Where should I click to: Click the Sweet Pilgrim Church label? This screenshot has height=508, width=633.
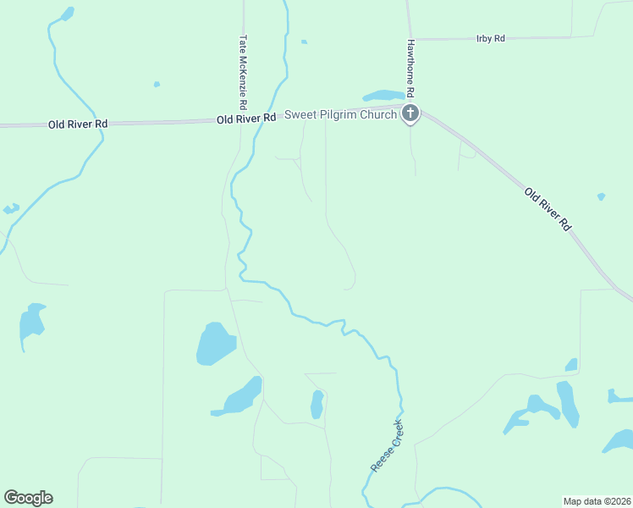(340, 114)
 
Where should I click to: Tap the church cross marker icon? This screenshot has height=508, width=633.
(410, 113)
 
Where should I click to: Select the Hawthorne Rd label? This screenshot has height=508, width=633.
(410, 66)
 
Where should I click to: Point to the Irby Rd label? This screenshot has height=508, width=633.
(491, 39)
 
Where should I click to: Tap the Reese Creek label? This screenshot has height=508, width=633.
(387, 446)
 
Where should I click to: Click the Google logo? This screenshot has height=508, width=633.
(28, 498)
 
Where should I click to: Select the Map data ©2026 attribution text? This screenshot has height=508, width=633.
(597, 500)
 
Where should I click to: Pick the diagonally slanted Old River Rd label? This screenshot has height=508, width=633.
(548, 209)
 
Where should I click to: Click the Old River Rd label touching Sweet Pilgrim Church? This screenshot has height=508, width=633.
(246, 119)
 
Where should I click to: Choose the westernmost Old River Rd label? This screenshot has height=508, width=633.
(78, 124)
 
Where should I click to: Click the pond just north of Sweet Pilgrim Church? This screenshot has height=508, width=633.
(383, 95)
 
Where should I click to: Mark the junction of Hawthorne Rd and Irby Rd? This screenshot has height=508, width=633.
(410, 40)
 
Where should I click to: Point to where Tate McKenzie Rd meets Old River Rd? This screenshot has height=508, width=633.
(244, 120)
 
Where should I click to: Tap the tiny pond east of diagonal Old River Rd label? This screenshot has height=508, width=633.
(601, 196)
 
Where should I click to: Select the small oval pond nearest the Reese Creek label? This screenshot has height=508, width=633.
(317, 404)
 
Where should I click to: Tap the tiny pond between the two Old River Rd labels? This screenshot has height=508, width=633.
(157, 84)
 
